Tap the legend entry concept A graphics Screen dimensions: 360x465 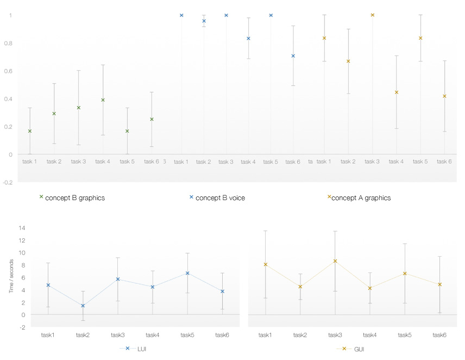pos(361,198)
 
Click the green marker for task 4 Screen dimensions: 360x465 pos(103,100)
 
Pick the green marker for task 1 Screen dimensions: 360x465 pos(30,131)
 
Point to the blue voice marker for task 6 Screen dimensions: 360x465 pos(293,56)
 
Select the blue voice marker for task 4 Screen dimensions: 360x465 pos(248,39)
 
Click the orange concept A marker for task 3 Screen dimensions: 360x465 pos(373,15)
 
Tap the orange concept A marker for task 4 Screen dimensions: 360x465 pos(397,92)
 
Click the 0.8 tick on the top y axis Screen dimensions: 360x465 pos(11,43)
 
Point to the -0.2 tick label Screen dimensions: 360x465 pos(9,183)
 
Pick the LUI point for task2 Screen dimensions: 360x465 pos(83,306)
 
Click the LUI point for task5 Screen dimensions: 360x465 pos(187,273)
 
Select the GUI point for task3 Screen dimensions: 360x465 pos(335,261)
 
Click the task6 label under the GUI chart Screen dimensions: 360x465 pos(439,335)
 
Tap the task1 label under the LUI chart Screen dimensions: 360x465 pos(48,335)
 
